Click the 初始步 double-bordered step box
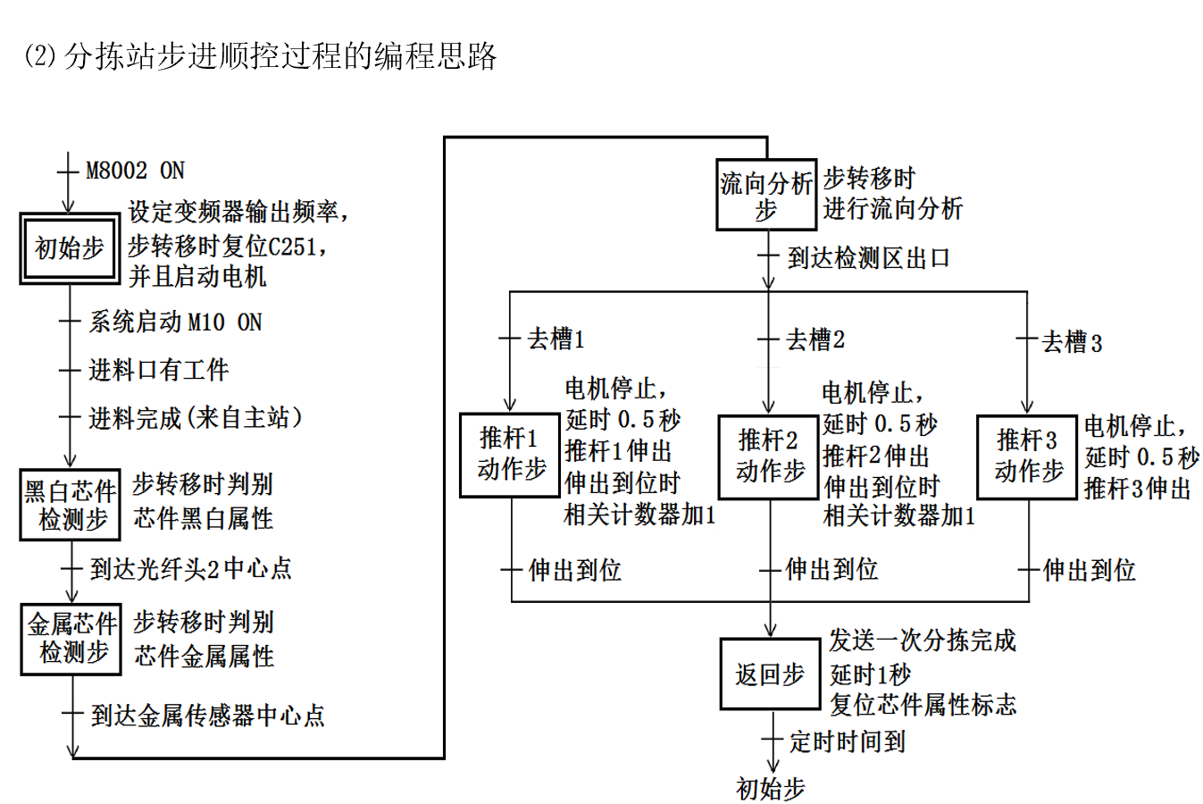(70, 248)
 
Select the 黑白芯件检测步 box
(70, 505)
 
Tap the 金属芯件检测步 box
(71, 639)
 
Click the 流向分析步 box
(766, 196)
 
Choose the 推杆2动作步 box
(769, 456)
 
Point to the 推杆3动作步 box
(1027, 456)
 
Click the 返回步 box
(770, 675)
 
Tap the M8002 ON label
(135, 171)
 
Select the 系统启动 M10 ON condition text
(175, 322)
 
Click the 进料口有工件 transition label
(159, 370)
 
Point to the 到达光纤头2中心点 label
(191, 569)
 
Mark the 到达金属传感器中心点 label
(208, 716)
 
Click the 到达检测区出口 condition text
(869, 258)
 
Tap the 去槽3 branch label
(1072, 342)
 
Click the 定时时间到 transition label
(848, 741)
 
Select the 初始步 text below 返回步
(771, 788)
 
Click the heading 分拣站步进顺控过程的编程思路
(280, 56)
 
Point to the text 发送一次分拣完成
(923, 641)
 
